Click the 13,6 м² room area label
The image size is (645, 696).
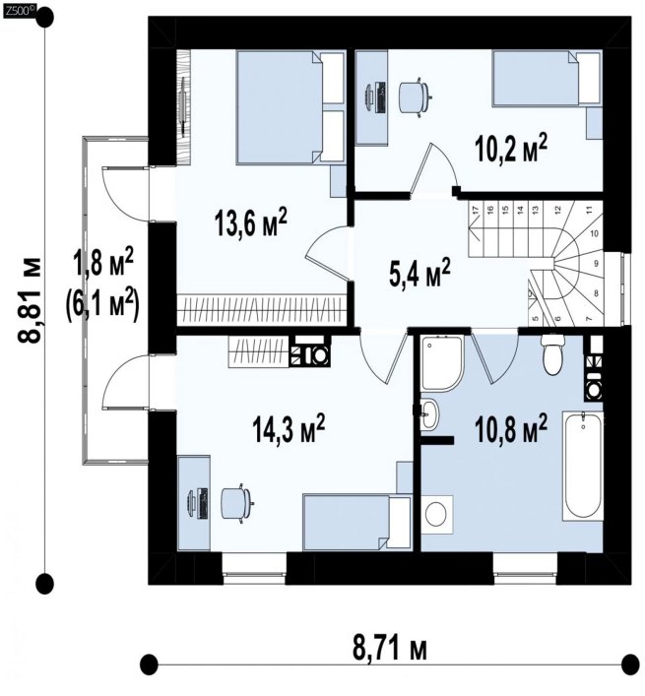coord(251,221)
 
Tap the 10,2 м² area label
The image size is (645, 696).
coord(510,149)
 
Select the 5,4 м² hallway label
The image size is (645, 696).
coord(419,273)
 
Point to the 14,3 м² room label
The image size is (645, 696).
coord(289,428)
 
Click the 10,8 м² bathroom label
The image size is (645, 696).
coord(510,428)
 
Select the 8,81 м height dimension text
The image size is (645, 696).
coord(31,300)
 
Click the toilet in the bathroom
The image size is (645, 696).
coord(552,354)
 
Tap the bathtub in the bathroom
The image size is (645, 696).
coord(582,466)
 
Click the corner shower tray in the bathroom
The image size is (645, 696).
coord(442,364)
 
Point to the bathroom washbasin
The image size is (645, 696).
coord(428,414)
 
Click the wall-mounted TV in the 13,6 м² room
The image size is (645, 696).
coord(183,105)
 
